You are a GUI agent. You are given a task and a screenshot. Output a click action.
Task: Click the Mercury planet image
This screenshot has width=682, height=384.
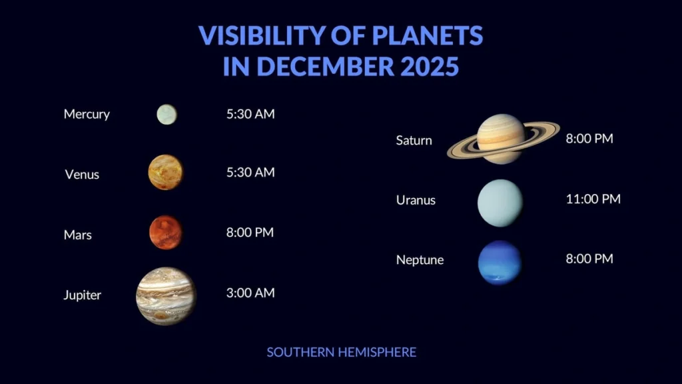167,114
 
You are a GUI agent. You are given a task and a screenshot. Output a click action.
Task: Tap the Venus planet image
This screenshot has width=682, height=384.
165,172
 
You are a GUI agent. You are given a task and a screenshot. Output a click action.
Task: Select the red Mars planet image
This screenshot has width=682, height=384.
165,232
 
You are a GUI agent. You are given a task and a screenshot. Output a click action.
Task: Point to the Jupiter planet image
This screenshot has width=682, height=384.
166,296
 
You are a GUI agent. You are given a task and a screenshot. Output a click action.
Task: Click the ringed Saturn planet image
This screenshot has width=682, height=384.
503,139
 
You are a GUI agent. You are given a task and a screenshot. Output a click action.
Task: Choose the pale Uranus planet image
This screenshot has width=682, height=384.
500,203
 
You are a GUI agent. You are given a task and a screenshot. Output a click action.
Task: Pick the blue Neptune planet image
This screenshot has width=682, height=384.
500,262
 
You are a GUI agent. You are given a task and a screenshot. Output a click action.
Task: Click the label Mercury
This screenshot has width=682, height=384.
87,114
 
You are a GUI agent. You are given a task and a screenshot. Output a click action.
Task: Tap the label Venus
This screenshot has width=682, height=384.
82,175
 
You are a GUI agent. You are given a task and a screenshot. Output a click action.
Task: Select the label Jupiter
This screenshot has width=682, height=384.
83,295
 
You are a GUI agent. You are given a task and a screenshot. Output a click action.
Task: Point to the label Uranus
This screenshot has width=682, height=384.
416,200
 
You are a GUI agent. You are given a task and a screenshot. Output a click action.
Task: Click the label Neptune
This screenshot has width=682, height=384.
420,259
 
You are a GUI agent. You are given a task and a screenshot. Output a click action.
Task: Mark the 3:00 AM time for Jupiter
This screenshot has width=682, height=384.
250,293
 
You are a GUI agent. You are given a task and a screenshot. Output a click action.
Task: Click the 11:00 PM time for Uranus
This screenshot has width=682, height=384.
593,199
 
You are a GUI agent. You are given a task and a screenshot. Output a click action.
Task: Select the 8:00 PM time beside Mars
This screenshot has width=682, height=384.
250,233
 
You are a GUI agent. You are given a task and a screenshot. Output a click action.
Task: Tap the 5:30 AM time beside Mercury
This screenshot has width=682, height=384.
250,113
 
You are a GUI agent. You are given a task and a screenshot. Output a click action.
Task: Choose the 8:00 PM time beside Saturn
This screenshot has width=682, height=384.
589,139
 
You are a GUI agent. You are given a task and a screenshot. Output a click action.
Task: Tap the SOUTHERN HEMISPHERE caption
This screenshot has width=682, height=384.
341,352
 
